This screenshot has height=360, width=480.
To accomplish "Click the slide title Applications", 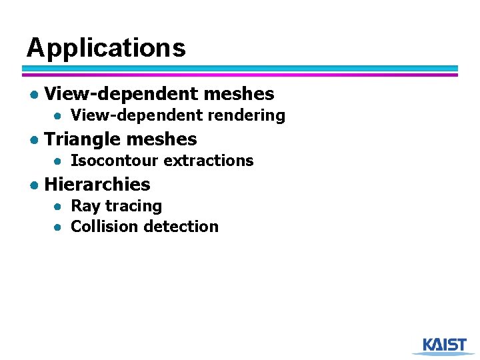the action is point(106,48).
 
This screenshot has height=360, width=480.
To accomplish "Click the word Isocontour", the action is point(115,161).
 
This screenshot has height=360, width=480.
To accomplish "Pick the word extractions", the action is point(208,161).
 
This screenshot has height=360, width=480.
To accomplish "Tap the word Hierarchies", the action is point(97,184).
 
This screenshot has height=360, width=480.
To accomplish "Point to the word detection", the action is point(181,227).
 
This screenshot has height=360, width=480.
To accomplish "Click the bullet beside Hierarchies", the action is point(33,185).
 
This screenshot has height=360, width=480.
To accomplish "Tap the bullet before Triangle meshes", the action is point(33,140).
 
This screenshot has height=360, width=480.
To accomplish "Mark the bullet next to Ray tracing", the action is point(59,207).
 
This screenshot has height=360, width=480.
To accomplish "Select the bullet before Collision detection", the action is point(59,227).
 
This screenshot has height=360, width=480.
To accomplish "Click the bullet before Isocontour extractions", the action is point(59,161).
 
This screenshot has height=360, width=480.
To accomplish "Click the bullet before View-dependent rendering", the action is point(59,116).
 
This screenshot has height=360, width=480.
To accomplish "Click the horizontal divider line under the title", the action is point(240,71).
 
